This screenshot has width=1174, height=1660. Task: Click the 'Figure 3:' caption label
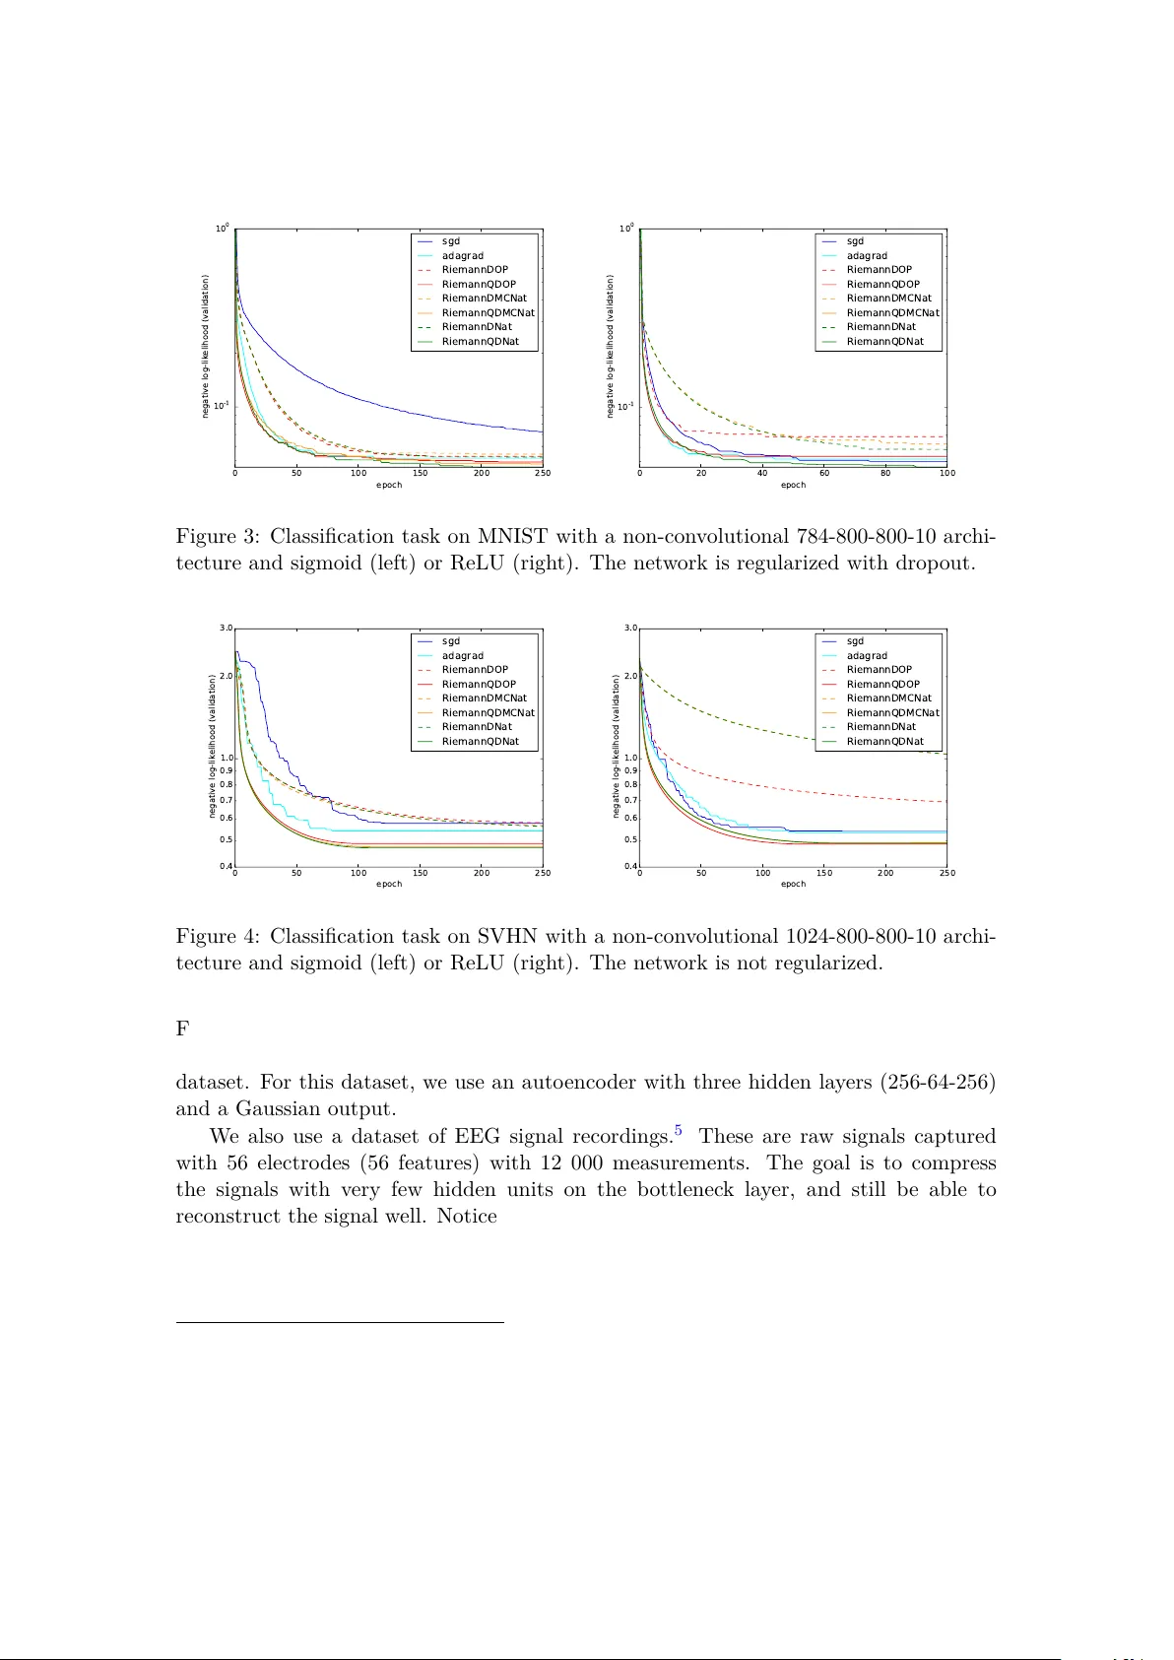[x=218, y=537]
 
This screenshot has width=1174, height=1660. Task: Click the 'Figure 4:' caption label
[x=218, y=936]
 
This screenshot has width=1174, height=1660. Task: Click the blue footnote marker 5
[x=678, y=1131]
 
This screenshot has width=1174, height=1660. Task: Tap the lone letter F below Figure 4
[x=182, y=1029]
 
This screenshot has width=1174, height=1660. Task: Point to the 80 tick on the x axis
[x=885, y=473]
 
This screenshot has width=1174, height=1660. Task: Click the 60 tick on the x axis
[x=824, y=473]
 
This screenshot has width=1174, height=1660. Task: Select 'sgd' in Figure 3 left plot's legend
[x=451, y=241]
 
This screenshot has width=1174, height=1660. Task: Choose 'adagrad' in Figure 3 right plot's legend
[x=867, y=256]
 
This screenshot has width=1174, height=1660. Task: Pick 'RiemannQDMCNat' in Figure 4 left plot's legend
[x=488, y=712]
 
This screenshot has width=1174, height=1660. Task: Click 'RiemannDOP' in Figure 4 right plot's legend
[x=879, y=670]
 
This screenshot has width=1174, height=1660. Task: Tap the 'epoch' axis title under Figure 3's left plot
[x=389, y=485]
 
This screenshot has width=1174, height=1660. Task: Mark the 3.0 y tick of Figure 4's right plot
[x=630, y=628]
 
